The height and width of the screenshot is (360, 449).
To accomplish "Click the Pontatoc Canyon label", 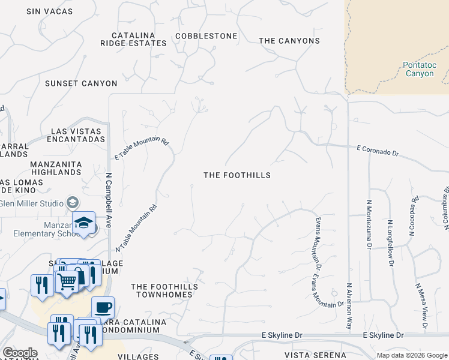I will pos(419,69).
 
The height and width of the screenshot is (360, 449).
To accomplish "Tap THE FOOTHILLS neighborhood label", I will pos(237,175).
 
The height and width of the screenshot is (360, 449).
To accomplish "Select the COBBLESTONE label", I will pos(206,36).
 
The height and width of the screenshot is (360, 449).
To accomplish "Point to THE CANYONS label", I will pos(289,41).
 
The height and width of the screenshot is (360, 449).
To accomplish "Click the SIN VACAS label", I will pos(50,11).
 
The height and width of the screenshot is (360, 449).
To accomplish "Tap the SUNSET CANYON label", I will pos(81,83).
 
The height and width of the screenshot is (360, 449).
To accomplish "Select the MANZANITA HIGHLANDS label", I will pos(56,167).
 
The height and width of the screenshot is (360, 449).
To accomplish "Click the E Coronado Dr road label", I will pos(378,150).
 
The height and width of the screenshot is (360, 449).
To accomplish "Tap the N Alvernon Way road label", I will pos(348,305).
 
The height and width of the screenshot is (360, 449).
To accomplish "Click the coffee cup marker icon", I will pos(103,307).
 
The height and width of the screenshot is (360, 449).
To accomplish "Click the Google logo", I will pos(20,353).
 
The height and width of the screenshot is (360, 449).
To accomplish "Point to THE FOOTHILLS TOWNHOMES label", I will pos(164,291).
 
